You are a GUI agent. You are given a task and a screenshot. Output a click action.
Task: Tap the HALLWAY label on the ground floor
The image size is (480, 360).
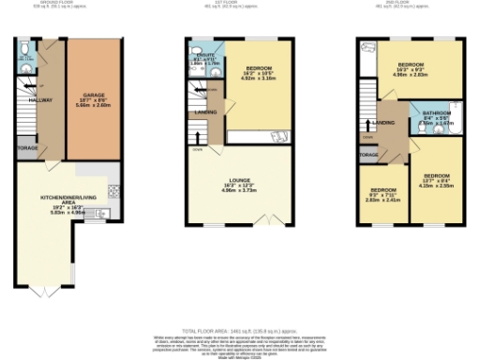pos(39,99)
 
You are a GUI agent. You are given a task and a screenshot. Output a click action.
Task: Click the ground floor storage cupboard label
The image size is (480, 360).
pos(27,148)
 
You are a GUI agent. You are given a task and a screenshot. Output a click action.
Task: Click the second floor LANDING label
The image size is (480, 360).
pos(382,123)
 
